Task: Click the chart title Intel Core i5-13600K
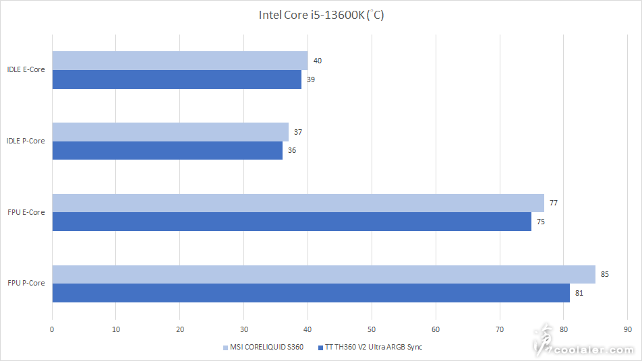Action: tap(321, 15)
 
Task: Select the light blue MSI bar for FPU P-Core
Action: tap(324, 274)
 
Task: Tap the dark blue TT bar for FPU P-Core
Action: tap(311, 292)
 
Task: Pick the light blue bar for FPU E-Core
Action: tap(298, 203)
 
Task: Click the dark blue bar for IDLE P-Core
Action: tap(167, 150)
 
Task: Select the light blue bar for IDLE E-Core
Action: tap(180, 61)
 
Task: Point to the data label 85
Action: tap(604, 274)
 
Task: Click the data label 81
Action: tap(579, 293)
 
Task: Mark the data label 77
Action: tap(553, 203)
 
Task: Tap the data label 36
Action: tap(291, 150)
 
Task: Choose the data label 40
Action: tap(317, 61)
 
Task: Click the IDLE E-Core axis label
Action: tap(26, 69)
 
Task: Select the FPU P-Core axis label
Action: tap(26, 283)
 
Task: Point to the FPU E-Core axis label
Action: tap(26, 212)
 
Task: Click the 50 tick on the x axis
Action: tap(372, 329)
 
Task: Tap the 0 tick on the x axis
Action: tap(52, 329)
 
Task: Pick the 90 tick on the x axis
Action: tap(627, 329)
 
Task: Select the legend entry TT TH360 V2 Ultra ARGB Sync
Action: tap(373, 348)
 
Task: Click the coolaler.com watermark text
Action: tap(593, 350)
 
